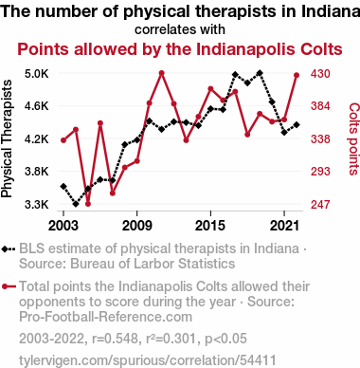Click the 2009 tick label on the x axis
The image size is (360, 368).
136,226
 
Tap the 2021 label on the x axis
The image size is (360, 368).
284,226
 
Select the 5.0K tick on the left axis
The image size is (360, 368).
37,74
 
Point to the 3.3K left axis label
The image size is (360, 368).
37,205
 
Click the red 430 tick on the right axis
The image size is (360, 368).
320,74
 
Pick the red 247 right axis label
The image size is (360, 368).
320,205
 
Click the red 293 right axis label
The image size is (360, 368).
320,172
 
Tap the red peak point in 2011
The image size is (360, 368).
162,73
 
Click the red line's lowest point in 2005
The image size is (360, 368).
88,204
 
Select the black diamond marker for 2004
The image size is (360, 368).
76,204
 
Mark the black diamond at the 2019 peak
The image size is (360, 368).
260,73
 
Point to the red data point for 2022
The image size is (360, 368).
297,75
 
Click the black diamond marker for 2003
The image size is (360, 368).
63,186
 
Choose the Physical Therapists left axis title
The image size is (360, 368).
7,139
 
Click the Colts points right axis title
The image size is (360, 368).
353,139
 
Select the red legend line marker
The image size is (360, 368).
9,286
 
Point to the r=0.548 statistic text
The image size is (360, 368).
115,339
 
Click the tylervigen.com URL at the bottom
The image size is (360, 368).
148,360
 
